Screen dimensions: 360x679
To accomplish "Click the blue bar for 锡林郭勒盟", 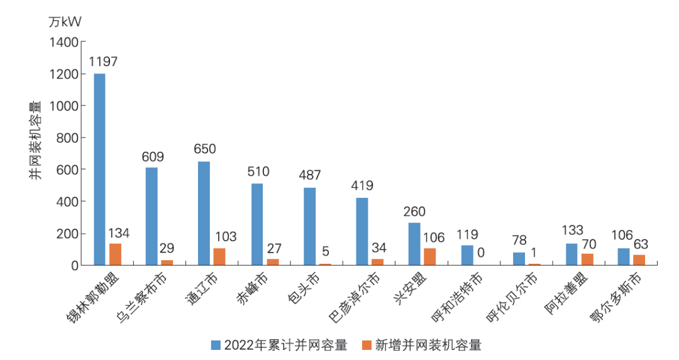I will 99,170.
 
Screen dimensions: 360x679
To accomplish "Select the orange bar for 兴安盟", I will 430,257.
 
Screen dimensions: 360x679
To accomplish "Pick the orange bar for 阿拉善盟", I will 587,259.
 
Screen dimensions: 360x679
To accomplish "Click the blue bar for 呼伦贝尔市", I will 519,259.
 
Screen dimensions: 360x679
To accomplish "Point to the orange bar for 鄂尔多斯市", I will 639,260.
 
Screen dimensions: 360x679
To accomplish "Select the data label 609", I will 153,156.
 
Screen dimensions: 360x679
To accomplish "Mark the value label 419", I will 362,186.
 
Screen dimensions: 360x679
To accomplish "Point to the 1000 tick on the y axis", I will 65,106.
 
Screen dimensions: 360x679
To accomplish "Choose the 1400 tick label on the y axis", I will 65,42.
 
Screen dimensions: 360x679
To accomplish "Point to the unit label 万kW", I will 65,21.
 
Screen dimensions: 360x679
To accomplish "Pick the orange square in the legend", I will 367,344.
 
